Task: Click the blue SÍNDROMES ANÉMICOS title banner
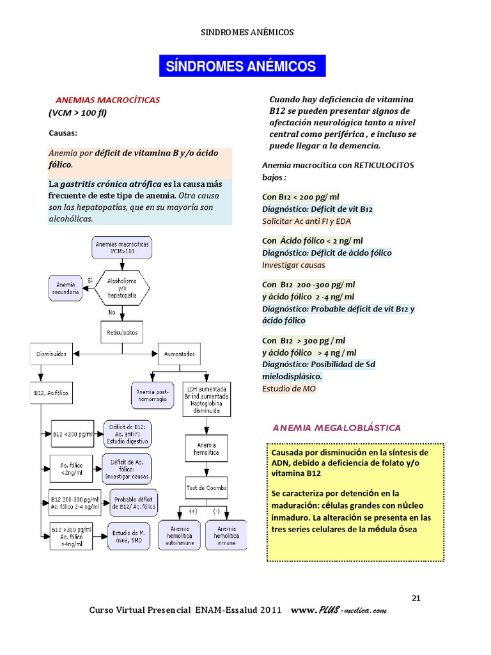pyautogui.click(x=242, y=66)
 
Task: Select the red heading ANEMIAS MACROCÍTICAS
pyautogui.click(x=107, y=100)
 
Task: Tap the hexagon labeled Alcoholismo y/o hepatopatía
pyautogui.click(x=122, y=288)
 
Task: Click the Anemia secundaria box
pyautogui.click(x=66, y=288)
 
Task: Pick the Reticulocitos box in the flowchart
pyautogui.click(x=122, y=332)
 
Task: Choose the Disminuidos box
pyautogui.click(x=51, y=354)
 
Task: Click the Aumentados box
pyautogui.click(x=179, y=354)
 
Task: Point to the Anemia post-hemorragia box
pyautogui.click(x=152, y=395)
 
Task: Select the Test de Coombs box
pyautogui.click(x=207, y=487)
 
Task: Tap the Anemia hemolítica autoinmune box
pyautogui.click(x=180, y=535)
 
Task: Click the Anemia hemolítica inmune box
pyautogui.click(x=226, y=535)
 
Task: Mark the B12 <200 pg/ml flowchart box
pyautogui.click(x=72, y=434)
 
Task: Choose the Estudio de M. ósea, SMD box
pyautogui.click(x=129, y=537)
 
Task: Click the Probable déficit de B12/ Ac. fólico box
pyautogui.click(x=134, y=503)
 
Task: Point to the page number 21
pyautogui.click(x=416, y=598)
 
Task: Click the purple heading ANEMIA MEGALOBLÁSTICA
pyautogui.click(x=336, y=428)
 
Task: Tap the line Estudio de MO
pyautogui.click(x=289, y=388)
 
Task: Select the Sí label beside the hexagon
pyautogui.click(x=90, y=280)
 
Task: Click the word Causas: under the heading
pyautogui.click(x=63, y=133)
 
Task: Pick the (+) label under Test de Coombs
pyautogui.click(x=193, y=511)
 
